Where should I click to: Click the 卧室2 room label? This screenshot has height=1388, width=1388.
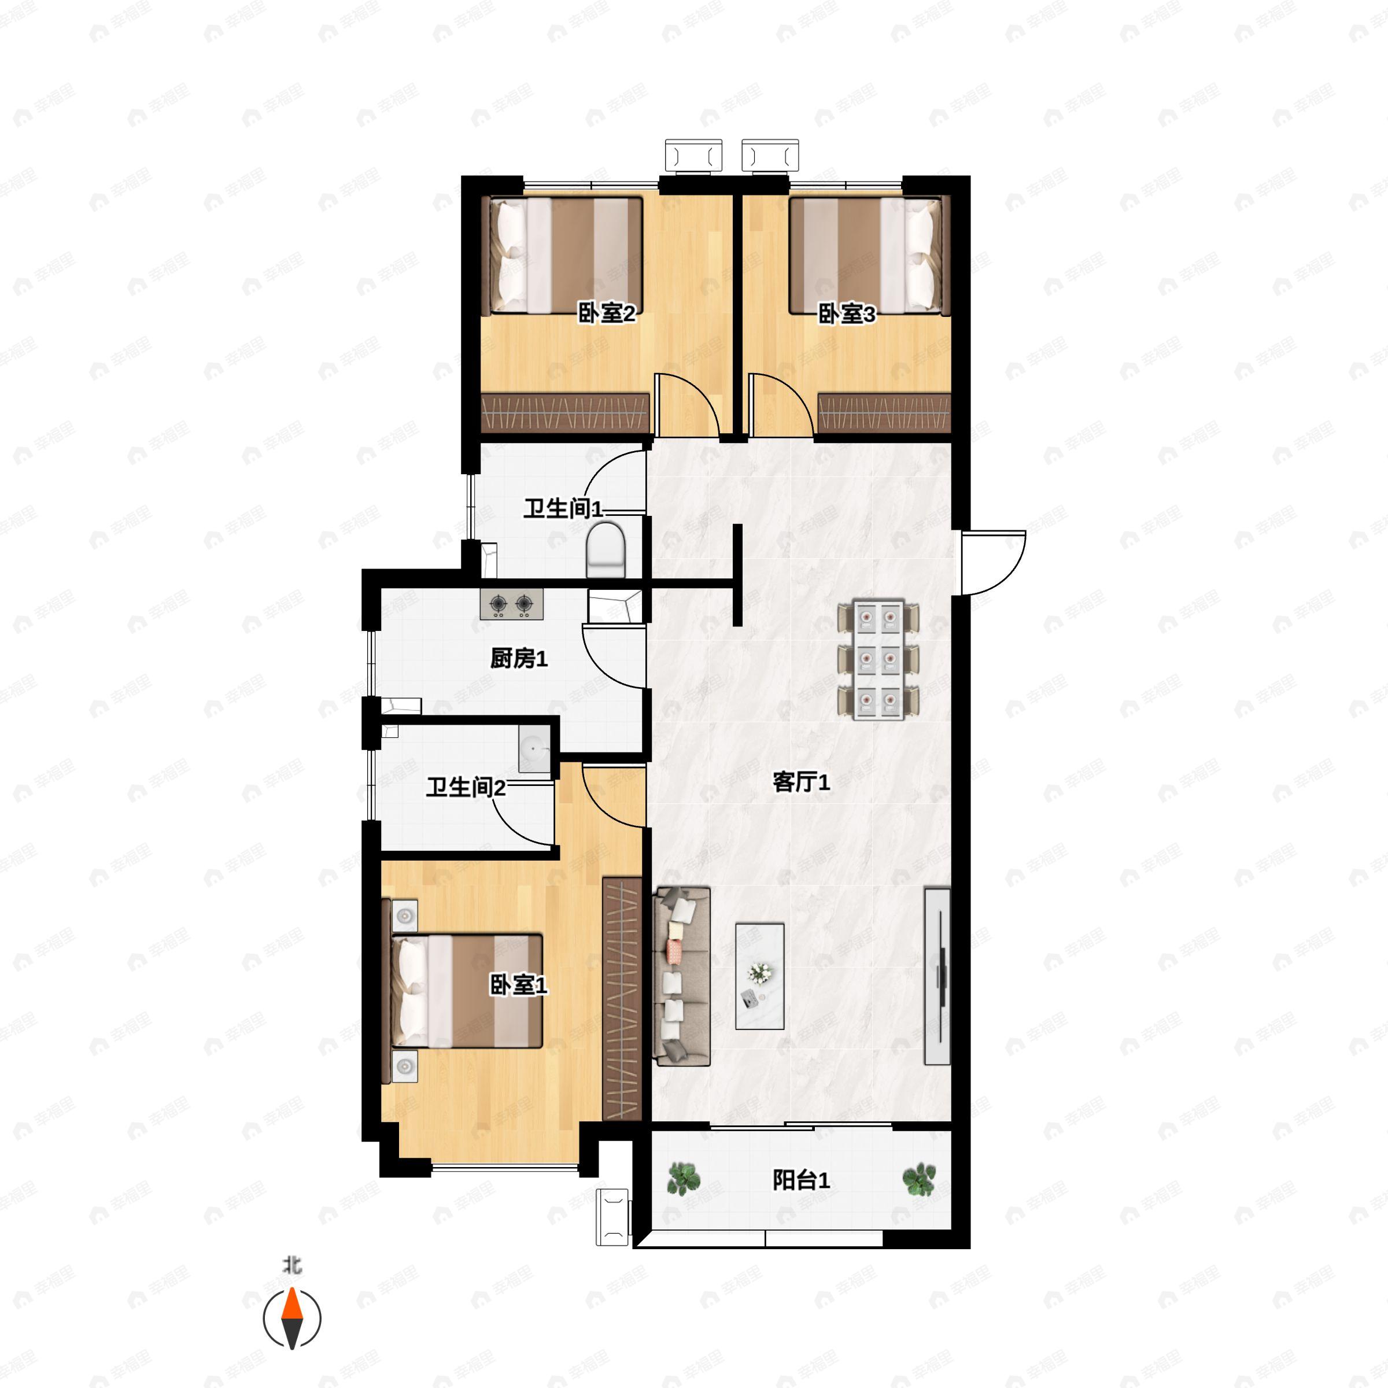pyautogui.click(x=607, y=313)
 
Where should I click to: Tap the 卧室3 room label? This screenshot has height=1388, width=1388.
pyautogui.click(x=847, y=314)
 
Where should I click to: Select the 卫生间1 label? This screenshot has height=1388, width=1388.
pyautogui.click(x=563, y=509)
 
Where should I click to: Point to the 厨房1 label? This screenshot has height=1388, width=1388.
pyautogui.click(x=519, y=658)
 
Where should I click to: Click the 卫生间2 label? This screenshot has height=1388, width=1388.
pyautogui.click(x=466, y=787)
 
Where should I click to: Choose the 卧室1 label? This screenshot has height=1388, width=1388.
pyautogui.click(x=518, y=985)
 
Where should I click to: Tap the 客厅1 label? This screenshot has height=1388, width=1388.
pyautogui.click(x=801, y=782)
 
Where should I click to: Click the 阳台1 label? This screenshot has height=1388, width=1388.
pyautogui.click(x=801, y=1180)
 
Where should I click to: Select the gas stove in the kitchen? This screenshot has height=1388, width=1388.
pyautogui.click(x=511, y=604)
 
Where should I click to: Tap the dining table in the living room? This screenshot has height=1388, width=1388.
pyautogui.click(x=878, y=659)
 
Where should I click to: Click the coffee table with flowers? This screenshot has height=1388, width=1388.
pyautogui.click(x=759, y=976)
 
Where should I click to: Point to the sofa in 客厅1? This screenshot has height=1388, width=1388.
pyautogui.click(x=682, y=976)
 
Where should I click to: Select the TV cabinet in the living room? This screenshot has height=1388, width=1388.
pyautogui.click(x=937, y=976)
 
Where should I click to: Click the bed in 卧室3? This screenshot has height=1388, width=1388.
pyautogui.click(x=869, y=256)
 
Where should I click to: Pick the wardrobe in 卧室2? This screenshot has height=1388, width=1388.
pyautogui.click(x=566, y=413)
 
